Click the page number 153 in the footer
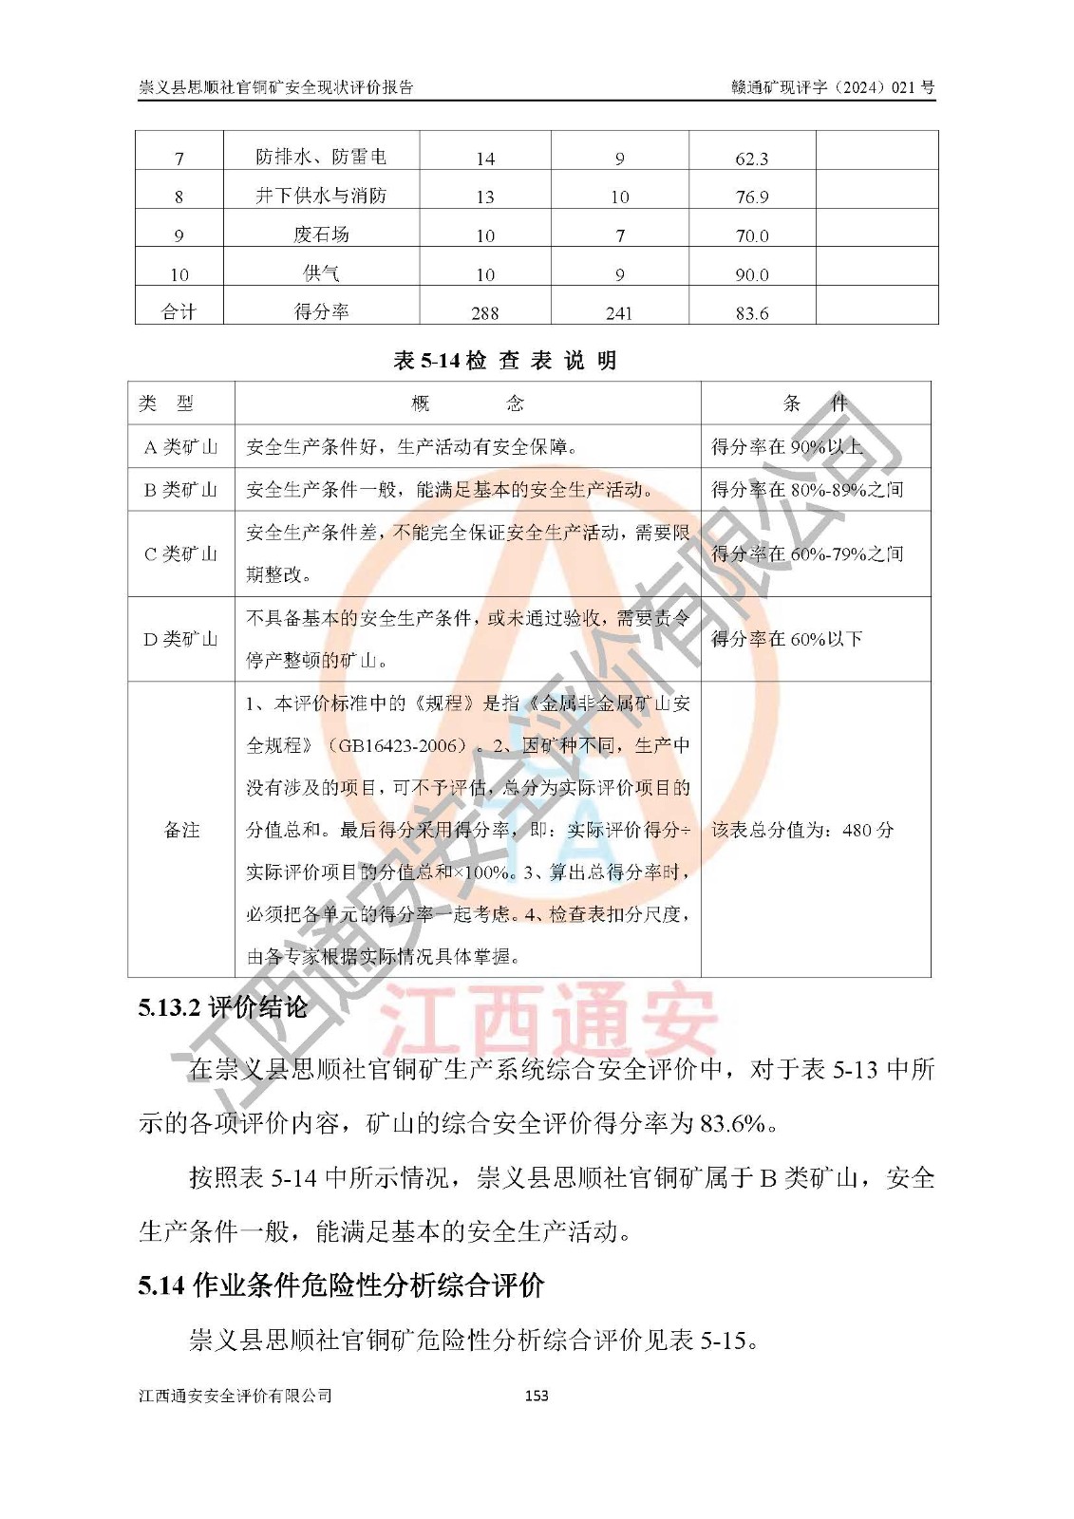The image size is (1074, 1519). pyautogui.click(x=537, y=1396)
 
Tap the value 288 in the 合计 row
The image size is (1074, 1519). pyautogui.click(x=484, y=313)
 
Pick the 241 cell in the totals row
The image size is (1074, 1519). pyautogui.click(x=619, y=313)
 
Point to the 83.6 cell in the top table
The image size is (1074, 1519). pyautogui.click(x=751, y=313)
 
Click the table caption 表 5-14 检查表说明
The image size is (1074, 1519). pyautogui.click(x=505, y=361)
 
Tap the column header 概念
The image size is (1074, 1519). pyautogui.click(x=467, y=403)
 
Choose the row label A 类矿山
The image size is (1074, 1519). pyautogui.click(x=180, y=447)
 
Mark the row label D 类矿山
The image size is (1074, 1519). pyautogui.click(x=180, y=639)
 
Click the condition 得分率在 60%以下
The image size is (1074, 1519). pyautogui.click(x=787, y=639)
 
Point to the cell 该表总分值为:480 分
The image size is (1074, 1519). pyautogui.click(x=802, y=830)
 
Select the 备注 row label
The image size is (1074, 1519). pyautogui.click(x=181, y=830)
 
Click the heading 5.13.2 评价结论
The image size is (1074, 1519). pyautogui.click(x=223, y=1007)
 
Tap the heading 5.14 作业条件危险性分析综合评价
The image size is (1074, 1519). pyautogui.click(x=341, y=1285)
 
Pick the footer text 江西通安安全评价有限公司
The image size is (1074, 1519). pyautogui.click(x=236, y=1396)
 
